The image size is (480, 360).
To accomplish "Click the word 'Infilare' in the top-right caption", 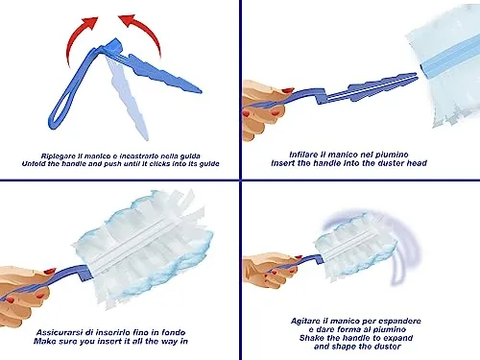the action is (x=303, y=155).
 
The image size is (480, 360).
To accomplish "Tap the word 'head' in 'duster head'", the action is (x=417, y=163).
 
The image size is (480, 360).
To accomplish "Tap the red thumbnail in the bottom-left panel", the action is (x=50, y=272).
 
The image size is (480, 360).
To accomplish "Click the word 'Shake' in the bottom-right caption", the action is (x=311, y=338).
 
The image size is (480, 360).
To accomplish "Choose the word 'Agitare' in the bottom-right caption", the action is (x=305, y=321).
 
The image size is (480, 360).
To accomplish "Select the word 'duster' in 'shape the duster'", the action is (x=387, y=347).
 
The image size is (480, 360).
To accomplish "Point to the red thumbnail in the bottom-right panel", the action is (x=299, y=257).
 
